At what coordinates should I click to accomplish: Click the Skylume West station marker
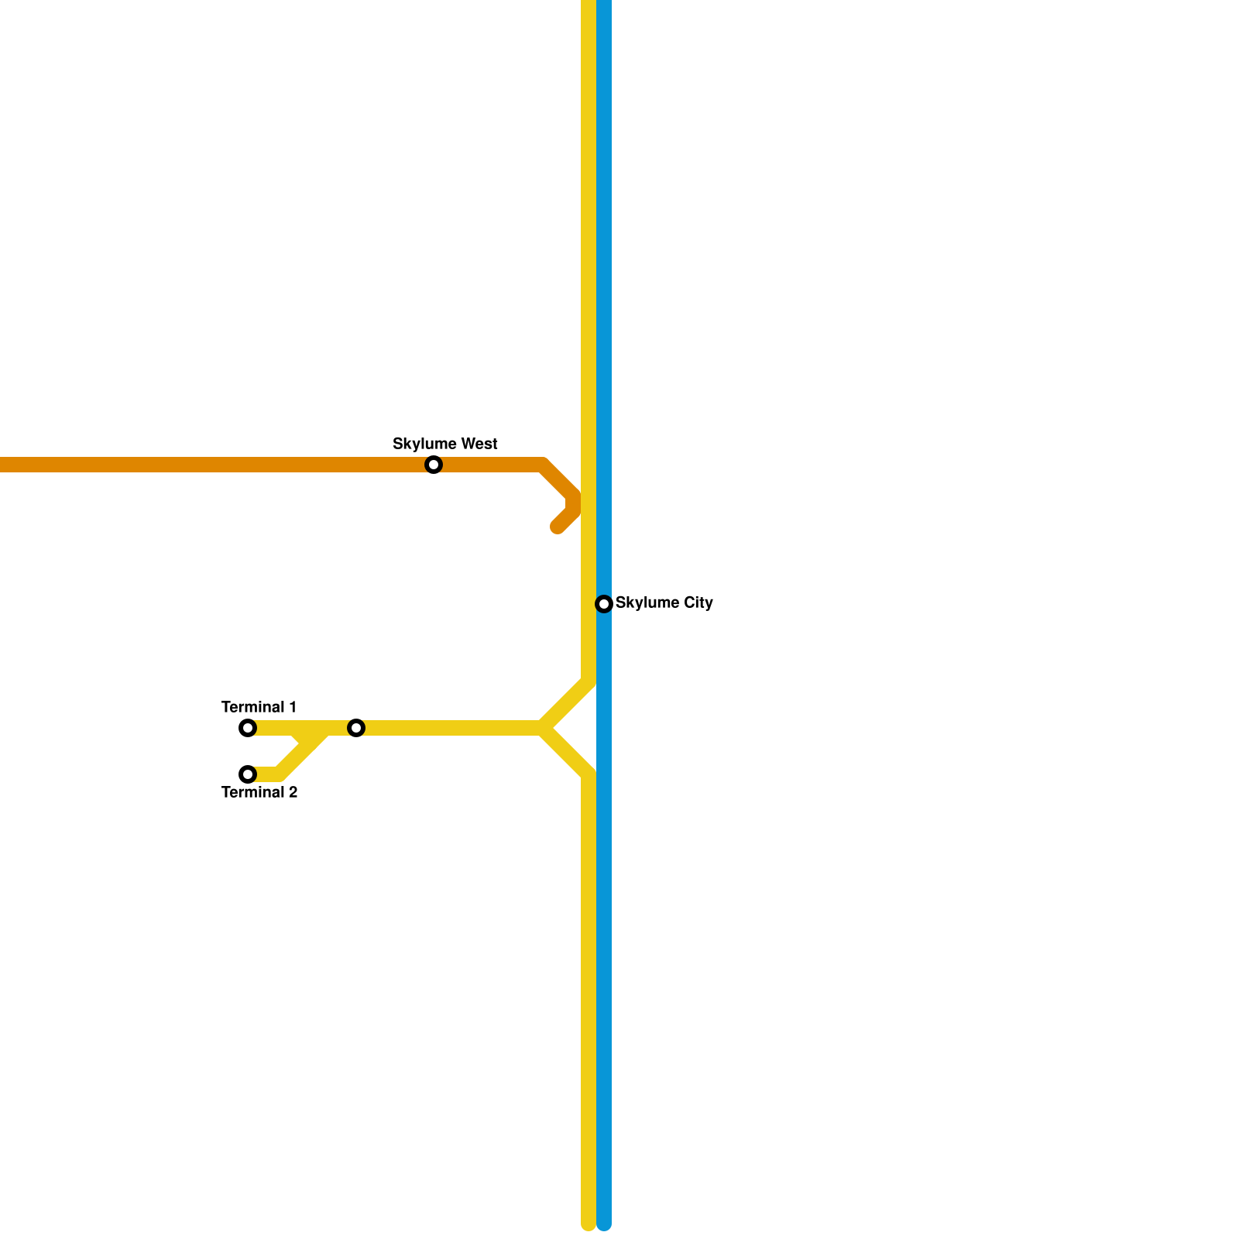click(434, 465)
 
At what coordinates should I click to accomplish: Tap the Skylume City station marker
click(604, 604)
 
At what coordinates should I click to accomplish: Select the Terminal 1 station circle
click(248, 728)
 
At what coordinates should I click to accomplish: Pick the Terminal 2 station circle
click(248, 774)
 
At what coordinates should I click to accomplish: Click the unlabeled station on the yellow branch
click(356, 728)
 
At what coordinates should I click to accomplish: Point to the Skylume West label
click(444, 444)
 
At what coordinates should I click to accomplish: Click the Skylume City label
click(664, 602)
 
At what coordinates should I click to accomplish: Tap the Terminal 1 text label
click(259, 707)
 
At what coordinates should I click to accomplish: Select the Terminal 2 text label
click(259, 792)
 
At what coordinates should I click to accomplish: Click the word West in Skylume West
click(478, 444)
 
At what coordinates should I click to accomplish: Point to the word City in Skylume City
click(698, 602)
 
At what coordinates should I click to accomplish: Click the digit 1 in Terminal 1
click(292, 707)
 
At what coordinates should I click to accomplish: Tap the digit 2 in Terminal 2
click(293, 792)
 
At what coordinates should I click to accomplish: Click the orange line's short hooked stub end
click(558, 527)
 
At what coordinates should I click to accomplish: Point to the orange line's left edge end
click(3, 465)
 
